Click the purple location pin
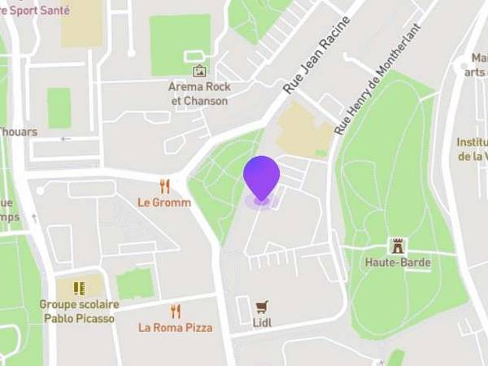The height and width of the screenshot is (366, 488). click(x=261, y=177)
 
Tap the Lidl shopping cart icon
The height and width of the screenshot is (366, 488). click(x=261, y=307)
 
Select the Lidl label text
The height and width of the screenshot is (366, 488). click(x=261, y=323)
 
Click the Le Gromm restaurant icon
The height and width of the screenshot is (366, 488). click(x=165, y=186)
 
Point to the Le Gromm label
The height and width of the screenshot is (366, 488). click(x=164, y=203)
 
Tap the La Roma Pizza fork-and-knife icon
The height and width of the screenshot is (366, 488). click(x=176, y=311)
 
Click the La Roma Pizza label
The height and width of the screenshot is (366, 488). click(x=176, y=328)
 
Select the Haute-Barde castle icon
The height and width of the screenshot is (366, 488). click(x=398, y=246)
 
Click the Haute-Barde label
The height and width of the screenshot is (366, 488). click(x=398, y=263)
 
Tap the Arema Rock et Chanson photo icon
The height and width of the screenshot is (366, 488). click(x=200, y=72)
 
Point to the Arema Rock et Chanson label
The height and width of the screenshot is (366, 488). click(x=200, y=94)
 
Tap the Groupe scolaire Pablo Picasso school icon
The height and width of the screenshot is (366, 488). click(x=79, y=288)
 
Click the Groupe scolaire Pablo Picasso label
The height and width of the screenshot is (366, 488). click(x=78, y=312)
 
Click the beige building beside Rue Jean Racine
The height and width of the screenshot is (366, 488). click(x=302, y=130)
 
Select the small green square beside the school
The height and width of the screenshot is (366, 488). click(x=134, y=283)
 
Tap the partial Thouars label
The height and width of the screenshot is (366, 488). click(x=18, y=132)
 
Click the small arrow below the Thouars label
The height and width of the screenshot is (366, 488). click(x=66, y=139)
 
